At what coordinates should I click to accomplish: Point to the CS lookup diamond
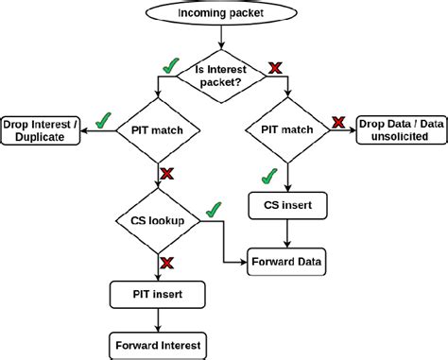click(156, 221)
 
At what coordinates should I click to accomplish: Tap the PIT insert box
click(157, 295)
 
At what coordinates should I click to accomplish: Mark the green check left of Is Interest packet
click(171, 65)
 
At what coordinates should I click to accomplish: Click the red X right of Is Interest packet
click(276, 67)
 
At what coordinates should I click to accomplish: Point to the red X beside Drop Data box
click(338, 122)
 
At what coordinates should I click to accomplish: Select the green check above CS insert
click(270, 175)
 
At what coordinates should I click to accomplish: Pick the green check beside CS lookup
click(215, 208)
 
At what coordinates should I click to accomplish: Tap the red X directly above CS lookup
click(166, 175)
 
